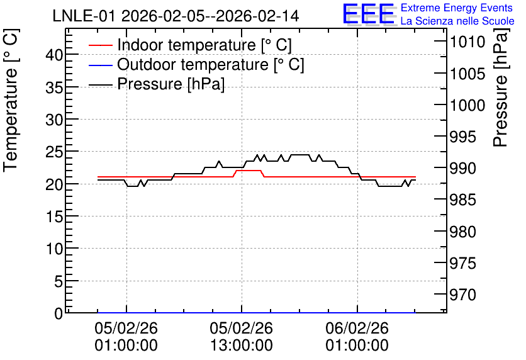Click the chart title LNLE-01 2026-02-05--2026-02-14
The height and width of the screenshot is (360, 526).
(x=176, y=16)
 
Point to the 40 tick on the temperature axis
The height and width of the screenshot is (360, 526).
(x=54, y=55)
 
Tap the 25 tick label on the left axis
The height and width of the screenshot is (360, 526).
(x=54, y=152)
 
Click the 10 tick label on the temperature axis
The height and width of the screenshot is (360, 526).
(x=54, y=249)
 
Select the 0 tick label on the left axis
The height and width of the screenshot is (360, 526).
(x=59, y=313)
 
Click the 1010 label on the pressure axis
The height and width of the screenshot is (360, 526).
(x=467, y=42)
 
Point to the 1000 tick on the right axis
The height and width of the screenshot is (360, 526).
(x=467, y=105)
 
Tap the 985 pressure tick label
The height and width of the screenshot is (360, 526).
(x=463, y=200)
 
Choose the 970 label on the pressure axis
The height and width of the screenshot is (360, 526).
(x=463, y=295)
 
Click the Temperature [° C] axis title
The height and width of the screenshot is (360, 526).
(x=11, y=101)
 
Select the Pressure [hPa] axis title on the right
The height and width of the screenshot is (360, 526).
(x=501, y=87)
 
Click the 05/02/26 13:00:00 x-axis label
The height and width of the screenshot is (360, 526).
(x=242, y=337)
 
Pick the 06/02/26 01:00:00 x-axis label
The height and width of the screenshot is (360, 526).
(x=357, y=337)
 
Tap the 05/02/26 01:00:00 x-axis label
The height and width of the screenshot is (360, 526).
(x=126, y=337)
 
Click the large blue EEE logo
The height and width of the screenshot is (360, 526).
(x=369, y=14)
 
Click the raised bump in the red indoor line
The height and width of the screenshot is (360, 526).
(x=249, y=171)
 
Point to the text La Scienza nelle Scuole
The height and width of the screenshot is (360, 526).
(x=457, y=21)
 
